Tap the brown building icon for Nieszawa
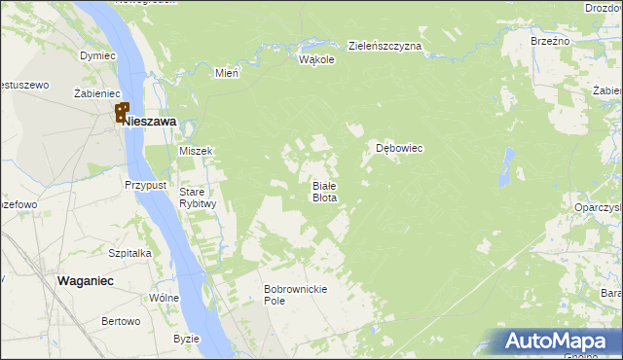coord(123,113)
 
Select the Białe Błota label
coord(324,191)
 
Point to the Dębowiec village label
coord(399,149)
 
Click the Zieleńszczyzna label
coord(385,46)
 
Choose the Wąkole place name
coord(316,59)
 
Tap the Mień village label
coord(227,72)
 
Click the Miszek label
coord(196,151)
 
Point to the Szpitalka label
coord(129,252)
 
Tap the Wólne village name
coord(163,298)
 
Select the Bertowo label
coord(122,321)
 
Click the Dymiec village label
coord(97,55)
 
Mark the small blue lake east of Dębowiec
coord(506,167)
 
